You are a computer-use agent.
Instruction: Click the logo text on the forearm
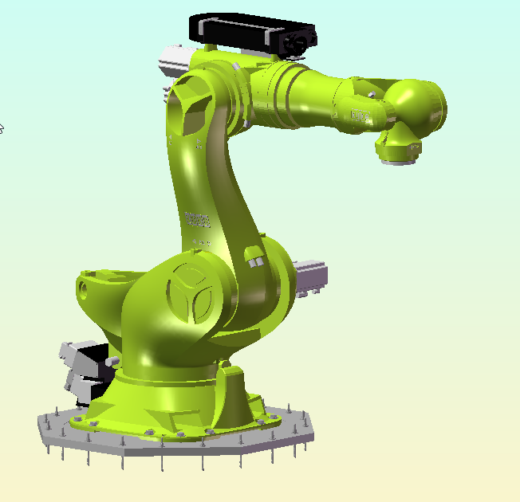point(361,115)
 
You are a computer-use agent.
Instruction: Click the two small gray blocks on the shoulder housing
point(254,259)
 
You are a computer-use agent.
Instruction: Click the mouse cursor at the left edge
point(2,127)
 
